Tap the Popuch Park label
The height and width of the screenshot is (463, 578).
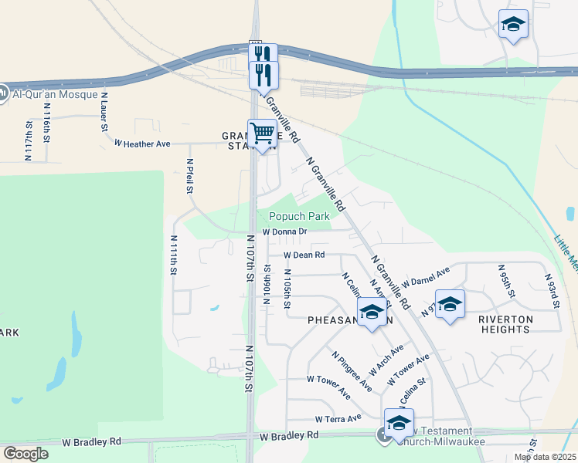[x=299, y=217]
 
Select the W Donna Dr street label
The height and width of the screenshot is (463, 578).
[x=284, y=231]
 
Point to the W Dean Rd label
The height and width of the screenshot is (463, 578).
[x=304, y=255]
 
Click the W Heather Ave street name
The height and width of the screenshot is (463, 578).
[x=142, y=144]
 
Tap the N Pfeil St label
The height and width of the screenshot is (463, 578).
[x=189, y=177]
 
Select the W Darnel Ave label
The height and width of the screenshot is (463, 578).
[x=425, y=279]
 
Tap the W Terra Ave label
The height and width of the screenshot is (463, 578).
[x=338, y=418]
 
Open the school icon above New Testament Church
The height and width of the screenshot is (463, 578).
[x=399, y=424]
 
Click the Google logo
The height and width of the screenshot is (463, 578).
[x=25, y=454]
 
